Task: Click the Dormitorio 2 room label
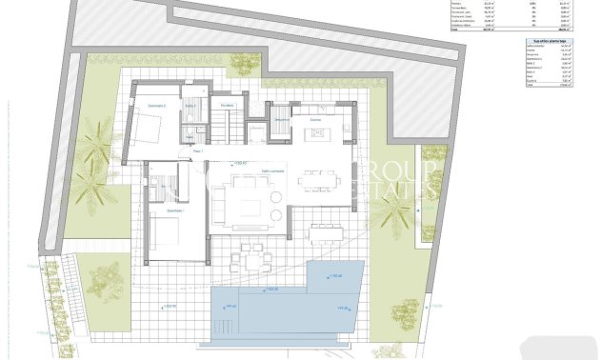[157, 106]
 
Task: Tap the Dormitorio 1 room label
[174, 211]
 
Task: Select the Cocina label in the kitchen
[315, 120]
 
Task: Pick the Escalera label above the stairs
[227, 106]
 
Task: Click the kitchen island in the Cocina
[317, 131]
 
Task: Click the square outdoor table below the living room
[253, 257]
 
